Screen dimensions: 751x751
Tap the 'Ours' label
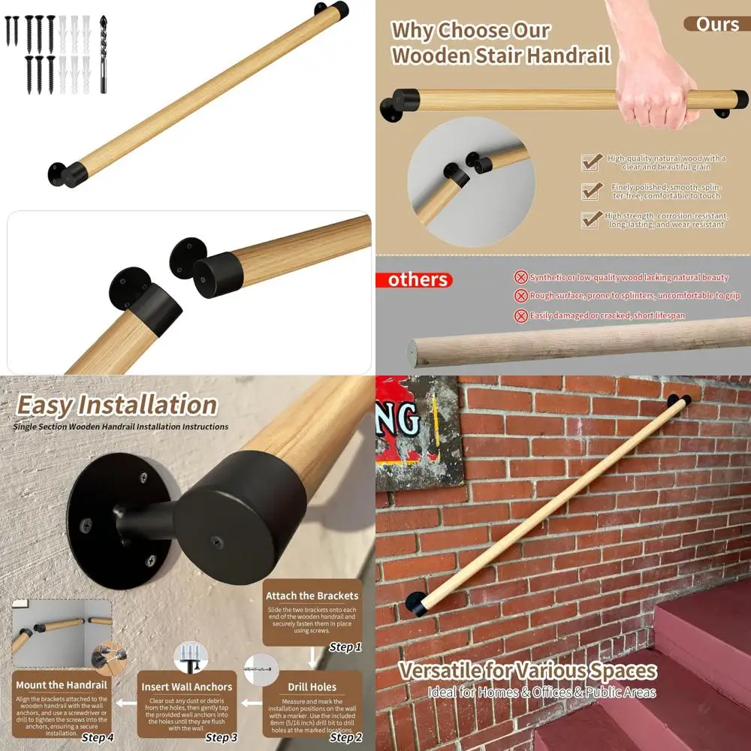click(717, 24)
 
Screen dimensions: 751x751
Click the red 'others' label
click(418, 280)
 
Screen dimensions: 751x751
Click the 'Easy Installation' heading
click(117, 405)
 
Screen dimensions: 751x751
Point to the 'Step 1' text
click(345, 647)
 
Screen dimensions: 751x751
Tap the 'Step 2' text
click(345, 737)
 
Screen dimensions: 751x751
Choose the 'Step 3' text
click(222, 737)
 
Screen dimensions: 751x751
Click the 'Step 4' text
click(98, 737)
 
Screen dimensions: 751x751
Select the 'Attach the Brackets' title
click(312, 596)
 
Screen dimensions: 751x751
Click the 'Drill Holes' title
click(312, 686)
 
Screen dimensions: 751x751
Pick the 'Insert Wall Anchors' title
click(187, 686)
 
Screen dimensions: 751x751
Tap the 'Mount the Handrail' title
click(62, 685)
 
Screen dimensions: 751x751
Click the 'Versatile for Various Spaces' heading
click(527, 671)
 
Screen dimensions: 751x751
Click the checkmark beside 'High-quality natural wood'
click(592, 161)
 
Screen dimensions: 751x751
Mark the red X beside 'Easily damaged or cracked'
click(520, 316)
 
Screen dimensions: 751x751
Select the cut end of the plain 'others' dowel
click(412, 350)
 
